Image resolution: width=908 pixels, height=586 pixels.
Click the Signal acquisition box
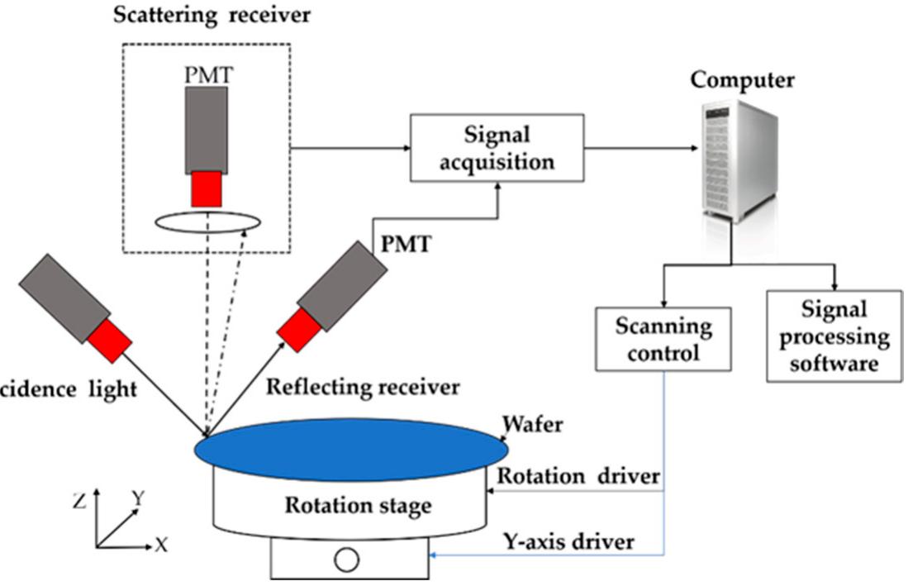[x=497, y=149]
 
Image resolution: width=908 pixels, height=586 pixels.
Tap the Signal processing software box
[x=834, y=336]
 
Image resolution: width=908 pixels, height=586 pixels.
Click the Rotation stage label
[x=358, y=505]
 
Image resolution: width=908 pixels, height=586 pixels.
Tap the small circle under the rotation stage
[x=346, y=560]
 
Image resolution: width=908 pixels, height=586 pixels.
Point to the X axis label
[x=161, y=546]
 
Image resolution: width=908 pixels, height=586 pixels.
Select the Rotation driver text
[x=578, y=477]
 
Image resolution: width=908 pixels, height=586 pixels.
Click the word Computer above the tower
[x=742, y=80]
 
